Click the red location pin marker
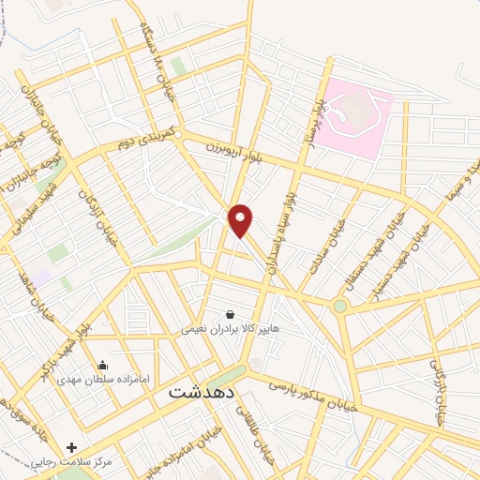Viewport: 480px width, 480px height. [x=241, y=220]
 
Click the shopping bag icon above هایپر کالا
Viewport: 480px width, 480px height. [x=231, y=314]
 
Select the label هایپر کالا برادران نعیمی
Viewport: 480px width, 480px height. [x=231, y=329]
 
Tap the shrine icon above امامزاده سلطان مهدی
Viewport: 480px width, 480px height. [x=102, y=365]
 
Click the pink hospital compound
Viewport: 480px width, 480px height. [x=351, y=116]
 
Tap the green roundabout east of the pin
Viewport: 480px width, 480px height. [x=339, y=306]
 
